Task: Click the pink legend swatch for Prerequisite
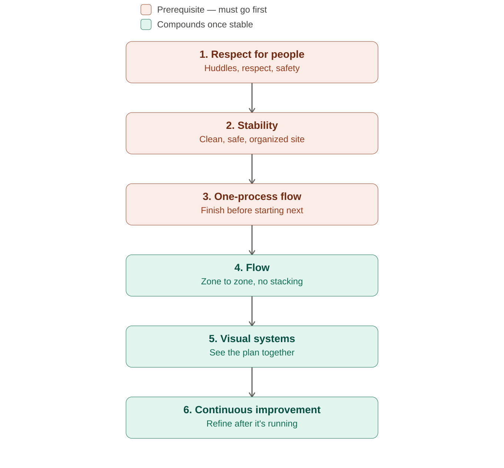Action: [146, 10]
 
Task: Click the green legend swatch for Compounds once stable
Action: [146, 24]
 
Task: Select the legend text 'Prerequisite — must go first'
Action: [212, 10]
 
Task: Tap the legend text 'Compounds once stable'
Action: [205, 24]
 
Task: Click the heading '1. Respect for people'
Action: [252, 54]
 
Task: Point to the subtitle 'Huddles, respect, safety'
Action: [252, 68]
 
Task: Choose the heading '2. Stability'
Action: [252, 125]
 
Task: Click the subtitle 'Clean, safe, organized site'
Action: [252, 139]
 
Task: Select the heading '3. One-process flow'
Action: [252, 196]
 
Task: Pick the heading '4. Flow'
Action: [252, 267]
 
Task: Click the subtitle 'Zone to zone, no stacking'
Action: [252, 281]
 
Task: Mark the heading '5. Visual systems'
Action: [252, 338]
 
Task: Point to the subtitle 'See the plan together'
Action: [252, 352]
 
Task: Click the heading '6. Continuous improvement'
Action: [252, 409]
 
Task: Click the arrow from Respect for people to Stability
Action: [252, 98]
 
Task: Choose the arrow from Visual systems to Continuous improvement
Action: [252, 382]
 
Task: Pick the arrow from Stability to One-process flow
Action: [252, 169]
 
